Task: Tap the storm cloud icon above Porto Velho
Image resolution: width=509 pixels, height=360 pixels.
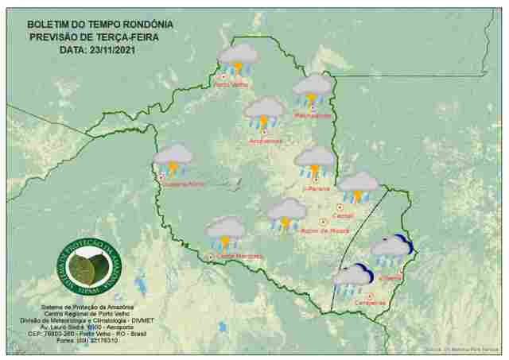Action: [237, 59]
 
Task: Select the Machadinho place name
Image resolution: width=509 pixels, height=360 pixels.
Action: [313, 115]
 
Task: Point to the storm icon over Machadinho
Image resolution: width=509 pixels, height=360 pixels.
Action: [313, 89]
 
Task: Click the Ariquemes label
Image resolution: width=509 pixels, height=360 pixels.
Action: [266, 141]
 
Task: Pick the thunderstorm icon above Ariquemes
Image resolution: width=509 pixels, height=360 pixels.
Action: [265, 113]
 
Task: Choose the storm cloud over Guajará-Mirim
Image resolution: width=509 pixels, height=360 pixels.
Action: [173, 159]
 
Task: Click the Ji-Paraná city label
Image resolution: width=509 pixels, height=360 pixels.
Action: [316, 189]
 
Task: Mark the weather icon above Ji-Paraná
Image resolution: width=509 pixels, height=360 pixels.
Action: [315, 161]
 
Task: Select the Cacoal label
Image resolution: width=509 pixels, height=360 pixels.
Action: [344, 215]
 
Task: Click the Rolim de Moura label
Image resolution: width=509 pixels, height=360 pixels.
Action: [326, 231]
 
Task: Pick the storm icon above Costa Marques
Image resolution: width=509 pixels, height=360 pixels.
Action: [226, 232]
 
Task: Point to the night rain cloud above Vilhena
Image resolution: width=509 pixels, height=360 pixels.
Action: [392, 250]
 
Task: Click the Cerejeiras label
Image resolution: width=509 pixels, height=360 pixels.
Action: [363, 304]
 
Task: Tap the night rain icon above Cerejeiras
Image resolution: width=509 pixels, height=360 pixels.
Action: [353, 279]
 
